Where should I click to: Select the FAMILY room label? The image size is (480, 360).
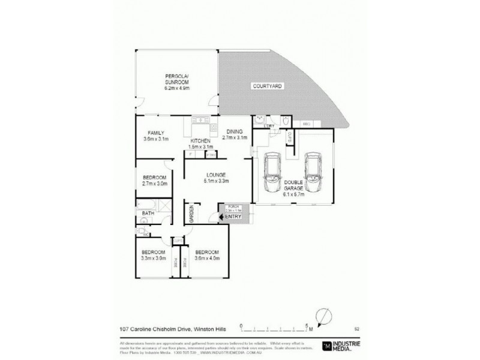(x=156, y=133)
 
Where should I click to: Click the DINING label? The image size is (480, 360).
(x=233, y=133)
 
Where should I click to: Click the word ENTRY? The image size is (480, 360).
(x=233, y=217)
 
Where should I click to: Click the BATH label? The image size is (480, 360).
(x=147, y=214)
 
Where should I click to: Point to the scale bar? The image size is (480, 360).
(x=277, y=327)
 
